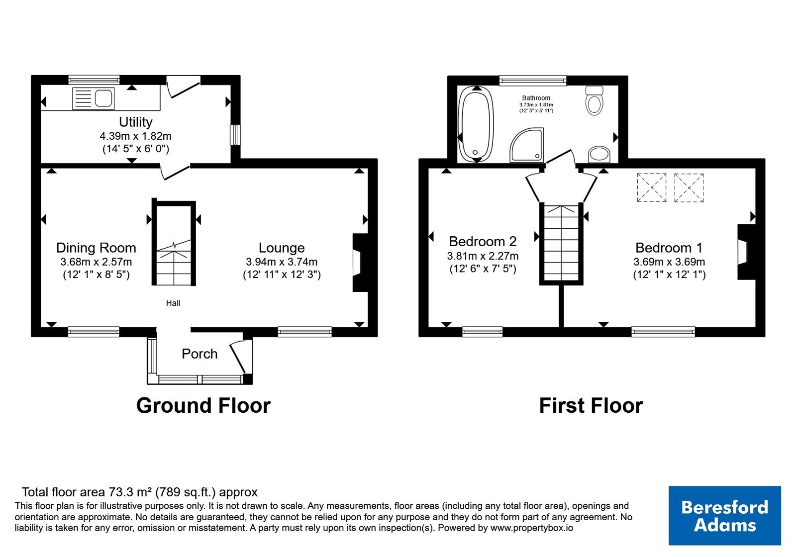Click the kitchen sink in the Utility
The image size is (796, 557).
[93, 98]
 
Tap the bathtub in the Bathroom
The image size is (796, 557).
[476, 124]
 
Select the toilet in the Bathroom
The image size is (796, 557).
[594, 100]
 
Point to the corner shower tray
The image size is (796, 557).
[527, 145]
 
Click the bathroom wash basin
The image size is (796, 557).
[599, 155]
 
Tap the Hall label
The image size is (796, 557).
[173, 303]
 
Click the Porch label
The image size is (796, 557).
[199, 354]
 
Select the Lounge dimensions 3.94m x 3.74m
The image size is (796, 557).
[282, 262]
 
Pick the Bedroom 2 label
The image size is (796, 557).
[483, 242]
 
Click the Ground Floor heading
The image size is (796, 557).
[203, 406]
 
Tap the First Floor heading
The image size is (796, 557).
[591, 406]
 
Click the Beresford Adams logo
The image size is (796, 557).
[724, 515]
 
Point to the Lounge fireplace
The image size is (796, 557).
[360, 263]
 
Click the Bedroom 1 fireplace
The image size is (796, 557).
[746, 252]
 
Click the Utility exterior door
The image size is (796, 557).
[183, 88]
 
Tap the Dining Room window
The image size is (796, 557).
[94, 332]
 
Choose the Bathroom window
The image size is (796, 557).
[533, 81]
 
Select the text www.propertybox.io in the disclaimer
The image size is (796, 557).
[532, 528]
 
